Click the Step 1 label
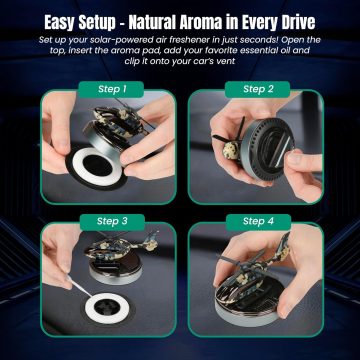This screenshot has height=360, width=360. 112,89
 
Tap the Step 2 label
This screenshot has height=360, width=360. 257,89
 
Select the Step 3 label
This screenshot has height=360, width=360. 112,222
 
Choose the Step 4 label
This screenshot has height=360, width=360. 258,222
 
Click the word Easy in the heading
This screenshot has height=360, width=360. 62,23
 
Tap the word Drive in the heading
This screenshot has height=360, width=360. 295,22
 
